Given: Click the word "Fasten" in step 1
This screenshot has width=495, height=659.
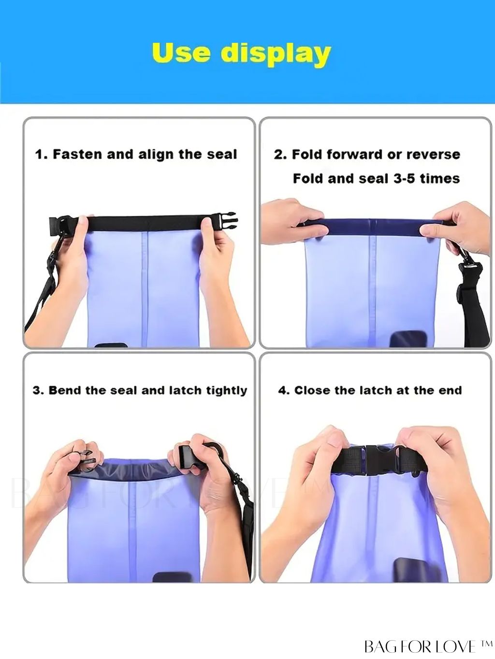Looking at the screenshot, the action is tap(78, 154).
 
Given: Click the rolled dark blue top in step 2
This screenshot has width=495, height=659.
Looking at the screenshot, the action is tap(372, 227).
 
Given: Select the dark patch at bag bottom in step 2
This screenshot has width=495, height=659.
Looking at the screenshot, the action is tap(405, 339).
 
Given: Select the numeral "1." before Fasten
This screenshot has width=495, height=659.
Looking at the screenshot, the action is tap(42, 154).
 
